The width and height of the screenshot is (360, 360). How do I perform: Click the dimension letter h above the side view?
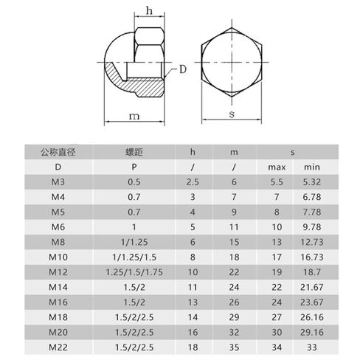(149, 11)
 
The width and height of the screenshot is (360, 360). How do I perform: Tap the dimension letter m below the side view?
(134, 116)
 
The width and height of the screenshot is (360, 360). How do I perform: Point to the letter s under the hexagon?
(232, 114)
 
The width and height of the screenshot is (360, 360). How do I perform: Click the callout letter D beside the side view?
(183, 69)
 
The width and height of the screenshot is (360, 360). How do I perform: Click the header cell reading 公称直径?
(58, 152)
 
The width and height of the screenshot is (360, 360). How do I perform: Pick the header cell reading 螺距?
(134, 152)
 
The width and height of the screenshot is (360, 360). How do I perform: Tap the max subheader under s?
(277, 167)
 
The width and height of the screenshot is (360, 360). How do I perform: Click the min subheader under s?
(312, 167)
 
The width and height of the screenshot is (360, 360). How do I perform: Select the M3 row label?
(58, 182)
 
